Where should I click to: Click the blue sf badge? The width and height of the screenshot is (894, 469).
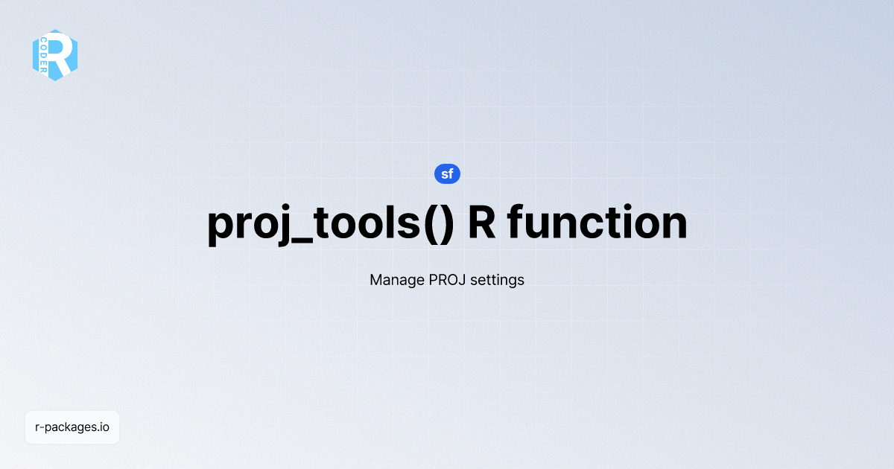[x=447, y=174]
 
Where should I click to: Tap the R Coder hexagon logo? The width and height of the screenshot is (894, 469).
[x=55, y=55]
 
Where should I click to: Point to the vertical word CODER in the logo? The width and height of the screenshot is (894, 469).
[x=43, y=55]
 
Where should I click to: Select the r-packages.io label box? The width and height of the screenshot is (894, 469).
[x=72, y=427]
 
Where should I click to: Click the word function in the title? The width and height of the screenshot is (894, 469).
[x=597, y=222]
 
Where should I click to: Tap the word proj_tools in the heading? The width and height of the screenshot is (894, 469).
[x=314, y=224]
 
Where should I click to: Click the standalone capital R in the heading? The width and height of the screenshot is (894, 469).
[x=482, y=222]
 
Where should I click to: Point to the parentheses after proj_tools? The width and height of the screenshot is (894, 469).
[x=439, y=223]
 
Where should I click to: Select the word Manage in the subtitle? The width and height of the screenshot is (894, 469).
[x=397, y=280]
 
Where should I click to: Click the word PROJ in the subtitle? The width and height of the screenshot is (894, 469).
[x=447, y=280]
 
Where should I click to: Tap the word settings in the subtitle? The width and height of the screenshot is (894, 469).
[x=498, y=280]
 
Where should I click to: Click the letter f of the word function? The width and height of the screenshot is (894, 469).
[x=515, y=221]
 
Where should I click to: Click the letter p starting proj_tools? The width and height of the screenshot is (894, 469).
[x=221, y=229]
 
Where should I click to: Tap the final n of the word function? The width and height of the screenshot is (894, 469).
[x=675, y=226]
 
